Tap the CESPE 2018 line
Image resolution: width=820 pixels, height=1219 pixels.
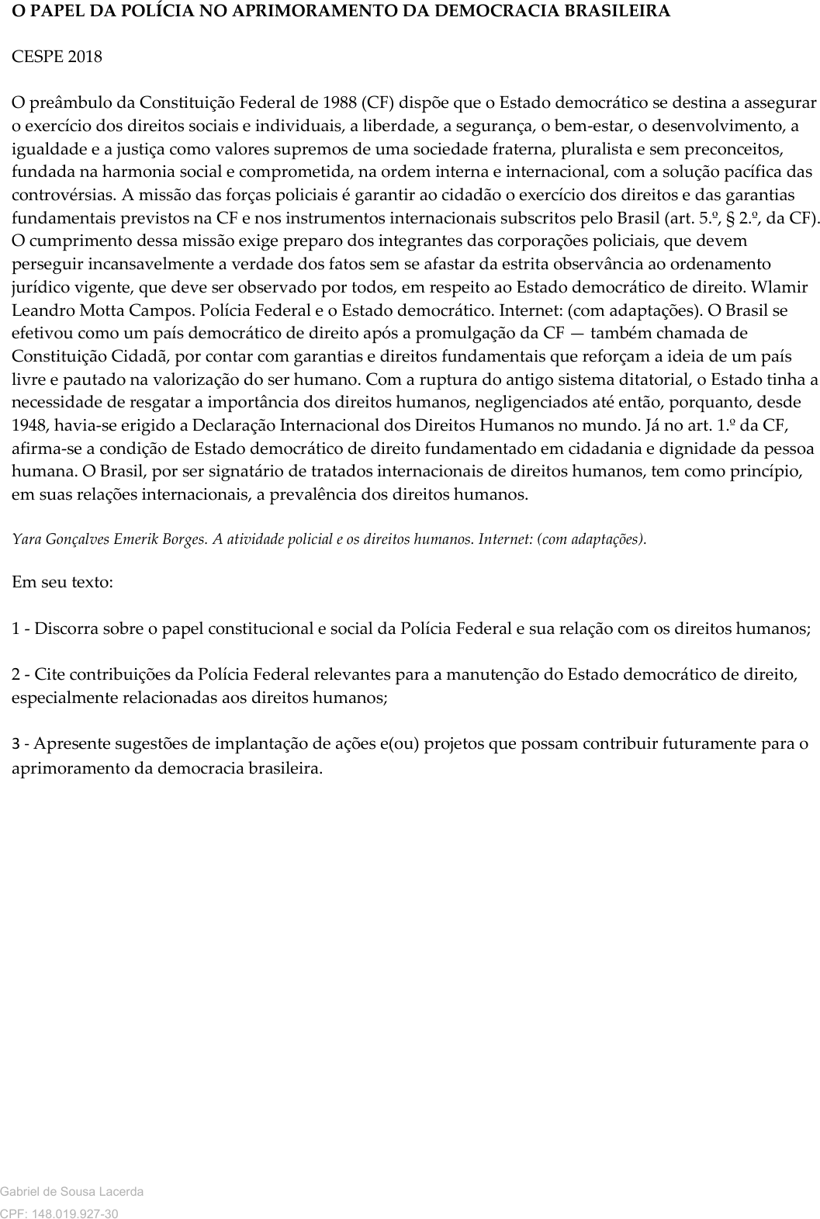click(57, 57)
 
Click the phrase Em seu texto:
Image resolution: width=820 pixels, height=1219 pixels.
click(62, 582)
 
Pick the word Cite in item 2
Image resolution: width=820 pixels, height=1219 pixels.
click(50, 674)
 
